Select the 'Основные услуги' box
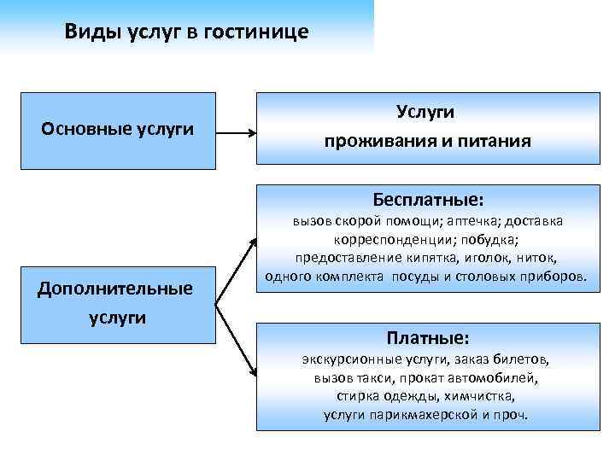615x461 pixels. [118, 131]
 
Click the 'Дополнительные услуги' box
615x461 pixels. [115, 302]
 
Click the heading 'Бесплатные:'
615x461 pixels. [428, 200]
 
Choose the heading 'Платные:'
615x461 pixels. [428, 337]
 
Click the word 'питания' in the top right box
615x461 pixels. [500, 141]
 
